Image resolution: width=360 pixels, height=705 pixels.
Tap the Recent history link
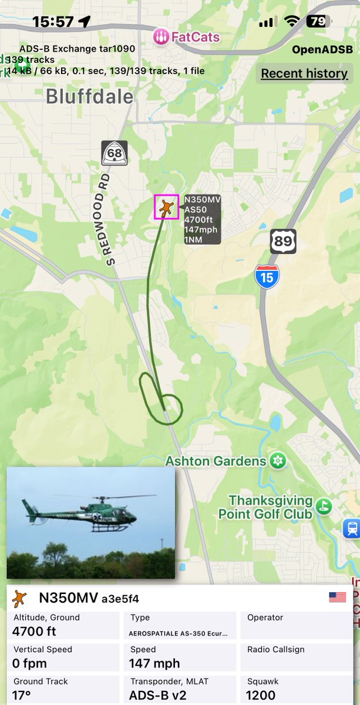pos(304,73)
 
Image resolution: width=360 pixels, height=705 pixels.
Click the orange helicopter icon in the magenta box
pos(167,207)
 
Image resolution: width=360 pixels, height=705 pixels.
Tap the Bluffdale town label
pos(89,96)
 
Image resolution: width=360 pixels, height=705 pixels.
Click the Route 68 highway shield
pos(114,153)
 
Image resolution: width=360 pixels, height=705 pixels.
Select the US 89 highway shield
pos(283,241)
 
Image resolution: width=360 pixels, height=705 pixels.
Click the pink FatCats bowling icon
pos(160,38)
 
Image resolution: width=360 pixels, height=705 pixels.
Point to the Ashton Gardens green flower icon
pos(278,461)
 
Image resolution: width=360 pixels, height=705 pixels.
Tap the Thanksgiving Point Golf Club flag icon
pos(323,506)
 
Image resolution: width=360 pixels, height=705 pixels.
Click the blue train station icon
pos(351,528)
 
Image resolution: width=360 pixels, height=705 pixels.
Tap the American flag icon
pos(337,597)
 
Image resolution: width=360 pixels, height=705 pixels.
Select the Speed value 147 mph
pos(154,664)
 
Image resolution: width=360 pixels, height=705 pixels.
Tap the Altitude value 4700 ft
pos(34,632)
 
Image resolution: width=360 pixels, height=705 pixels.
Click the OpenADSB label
pos(321,50)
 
